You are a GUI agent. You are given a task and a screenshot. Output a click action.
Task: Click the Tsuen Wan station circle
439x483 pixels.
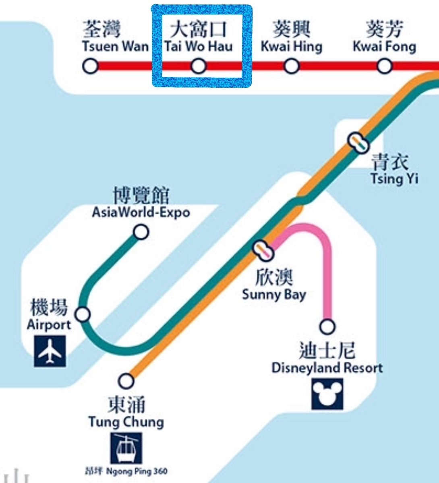click(x=91, y=66)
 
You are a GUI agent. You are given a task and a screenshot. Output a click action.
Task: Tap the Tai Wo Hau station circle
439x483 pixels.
click(x=198, y=66)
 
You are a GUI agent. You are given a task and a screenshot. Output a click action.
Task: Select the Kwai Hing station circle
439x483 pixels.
click(x=292, y=66)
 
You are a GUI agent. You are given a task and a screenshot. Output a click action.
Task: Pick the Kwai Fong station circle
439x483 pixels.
click(x=385, y=66)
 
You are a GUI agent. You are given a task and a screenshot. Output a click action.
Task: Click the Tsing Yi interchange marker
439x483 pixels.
click(x=358, y=142)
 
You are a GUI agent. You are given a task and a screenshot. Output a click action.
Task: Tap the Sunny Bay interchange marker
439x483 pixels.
click(x=264, y=250)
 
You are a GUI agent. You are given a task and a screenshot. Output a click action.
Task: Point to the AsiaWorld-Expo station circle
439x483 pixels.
click(x=141, y=232)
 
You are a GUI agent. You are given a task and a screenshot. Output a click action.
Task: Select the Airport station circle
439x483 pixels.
click(x=83, y=314)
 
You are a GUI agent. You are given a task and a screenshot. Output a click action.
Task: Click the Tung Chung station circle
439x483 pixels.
click(x=126, y=380)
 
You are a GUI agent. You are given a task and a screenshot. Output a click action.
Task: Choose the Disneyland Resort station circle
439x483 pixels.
click(x=327, y=326)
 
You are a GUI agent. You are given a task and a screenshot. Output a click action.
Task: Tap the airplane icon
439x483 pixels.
click(x=50, y=351)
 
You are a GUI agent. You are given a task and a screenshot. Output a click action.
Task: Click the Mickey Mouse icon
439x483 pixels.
click(x=327, y=394)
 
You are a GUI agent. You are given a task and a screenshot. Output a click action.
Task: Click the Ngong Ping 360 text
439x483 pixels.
click(x=137, y=471)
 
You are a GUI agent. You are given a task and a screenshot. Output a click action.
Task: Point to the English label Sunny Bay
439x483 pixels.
click(x=274, y=295)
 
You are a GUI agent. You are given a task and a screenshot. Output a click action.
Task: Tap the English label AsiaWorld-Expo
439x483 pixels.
click(x=141, y=212)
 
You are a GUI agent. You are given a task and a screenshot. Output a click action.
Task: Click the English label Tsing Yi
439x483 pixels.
click(x=394, y=178)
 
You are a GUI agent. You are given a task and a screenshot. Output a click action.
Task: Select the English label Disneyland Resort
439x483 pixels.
click(x=327, y=368)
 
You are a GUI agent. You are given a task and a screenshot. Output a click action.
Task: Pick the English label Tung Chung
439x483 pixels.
click(x=126, y=422)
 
